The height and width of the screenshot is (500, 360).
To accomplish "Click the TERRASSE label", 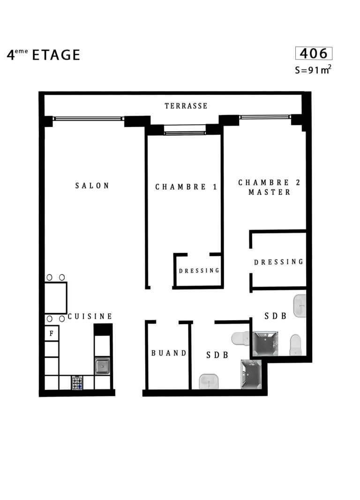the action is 186,106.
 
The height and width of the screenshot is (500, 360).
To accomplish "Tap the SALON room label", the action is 92,186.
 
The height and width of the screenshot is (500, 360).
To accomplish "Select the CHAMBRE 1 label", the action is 187,187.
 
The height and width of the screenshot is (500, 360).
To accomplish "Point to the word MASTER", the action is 270,192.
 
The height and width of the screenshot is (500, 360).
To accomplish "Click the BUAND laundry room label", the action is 169,353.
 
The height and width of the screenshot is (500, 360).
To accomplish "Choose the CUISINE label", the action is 90,316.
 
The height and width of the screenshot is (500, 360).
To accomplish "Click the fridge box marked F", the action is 52,333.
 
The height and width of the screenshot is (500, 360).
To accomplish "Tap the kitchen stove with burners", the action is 77,382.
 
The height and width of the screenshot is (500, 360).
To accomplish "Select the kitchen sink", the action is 102,366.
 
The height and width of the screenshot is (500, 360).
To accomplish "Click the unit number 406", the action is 314,53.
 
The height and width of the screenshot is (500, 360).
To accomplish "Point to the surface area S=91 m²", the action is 313,69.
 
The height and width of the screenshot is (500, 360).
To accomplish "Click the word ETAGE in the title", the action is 56,55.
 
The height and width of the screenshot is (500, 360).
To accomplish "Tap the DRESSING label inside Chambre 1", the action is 199,271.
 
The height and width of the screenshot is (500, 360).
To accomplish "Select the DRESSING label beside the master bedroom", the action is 279,262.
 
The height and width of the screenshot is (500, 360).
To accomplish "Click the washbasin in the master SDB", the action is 300,306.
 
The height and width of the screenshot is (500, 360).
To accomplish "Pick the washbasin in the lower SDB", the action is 209,381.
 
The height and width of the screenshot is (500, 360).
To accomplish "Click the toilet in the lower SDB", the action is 240,338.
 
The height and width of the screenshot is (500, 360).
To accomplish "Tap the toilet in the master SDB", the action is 295,345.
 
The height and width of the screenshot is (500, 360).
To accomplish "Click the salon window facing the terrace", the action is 89,119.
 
